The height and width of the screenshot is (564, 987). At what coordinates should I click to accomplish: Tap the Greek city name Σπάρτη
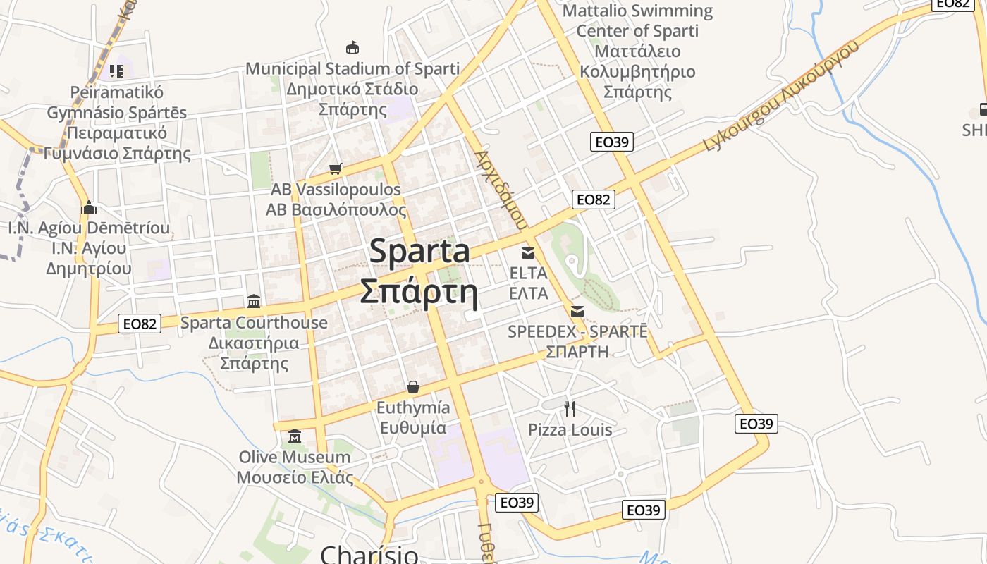tap(419, 292)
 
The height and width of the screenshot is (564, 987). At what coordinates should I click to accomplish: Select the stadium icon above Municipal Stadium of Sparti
tap(352, 48)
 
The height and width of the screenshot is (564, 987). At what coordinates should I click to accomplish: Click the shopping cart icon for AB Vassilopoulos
tap(336, 168)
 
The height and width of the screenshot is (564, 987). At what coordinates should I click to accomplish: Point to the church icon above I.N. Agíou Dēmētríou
tap(89, 207)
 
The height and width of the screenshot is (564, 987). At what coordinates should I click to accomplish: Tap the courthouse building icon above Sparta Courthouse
tap(254, 301)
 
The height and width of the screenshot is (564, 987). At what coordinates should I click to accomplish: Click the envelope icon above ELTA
tap(528, 252)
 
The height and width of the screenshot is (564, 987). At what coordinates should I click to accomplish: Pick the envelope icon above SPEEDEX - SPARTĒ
tap(577, 311)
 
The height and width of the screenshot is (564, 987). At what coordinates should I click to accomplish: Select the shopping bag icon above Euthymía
tap(413, 387)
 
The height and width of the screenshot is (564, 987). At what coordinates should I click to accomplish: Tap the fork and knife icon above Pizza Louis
tap(570, 408)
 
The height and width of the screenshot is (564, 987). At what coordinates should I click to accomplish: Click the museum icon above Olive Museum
tap(295, 436)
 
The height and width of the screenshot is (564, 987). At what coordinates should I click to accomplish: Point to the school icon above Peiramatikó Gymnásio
tap(116, 70)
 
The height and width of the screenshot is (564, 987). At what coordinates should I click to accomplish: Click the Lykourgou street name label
tap(783, 96)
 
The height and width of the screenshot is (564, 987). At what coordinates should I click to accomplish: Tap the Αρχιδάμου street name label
tap(501, 189)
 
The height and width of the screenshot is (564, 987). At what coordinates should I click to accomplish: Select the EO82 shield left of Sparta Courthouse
tap(140, 324)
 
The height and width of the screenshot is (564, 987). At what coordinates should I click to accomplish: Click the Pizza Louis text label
tap(570, 430)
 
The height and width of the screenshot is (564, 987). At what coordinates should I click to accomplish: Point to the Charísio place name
tap(369, 554)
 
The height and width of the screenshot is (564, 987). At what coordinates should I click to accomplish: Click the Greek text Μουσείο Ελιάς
tap(295, 477)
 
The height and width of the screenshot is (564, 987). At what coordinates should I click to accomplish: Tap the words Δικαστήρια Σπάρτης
tap(254, 353)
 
